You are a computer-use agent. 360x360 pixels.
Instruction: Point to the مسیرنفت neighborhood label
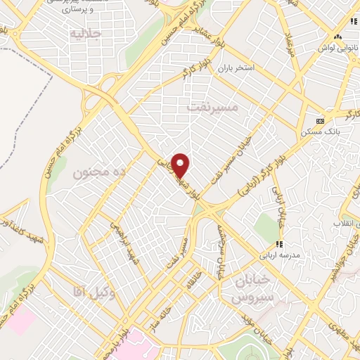[x=214, y=107]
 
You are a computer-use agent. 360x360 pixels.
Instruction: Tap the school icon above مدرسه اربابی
[x=280, y=244]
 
